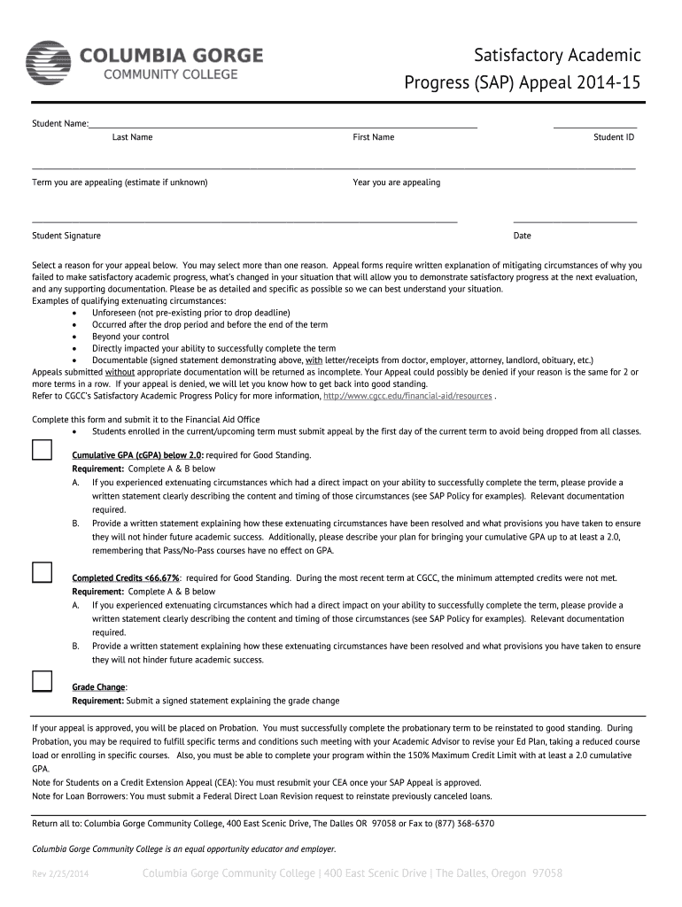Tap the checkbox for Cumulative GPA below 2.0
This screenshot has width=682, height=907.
(42, 450)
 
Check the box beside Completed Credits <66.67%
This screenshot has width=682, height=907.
(42, 572)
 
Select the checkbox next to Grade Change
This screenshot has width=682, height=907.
(42, 681)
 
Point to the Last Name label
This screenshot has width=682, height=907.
(132, 137)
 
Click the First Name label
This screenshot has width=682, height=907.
(373, 137)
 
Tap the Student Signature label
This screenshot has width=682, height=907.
(66, 236)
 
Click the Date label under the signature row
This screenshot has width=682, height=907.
(522, 236)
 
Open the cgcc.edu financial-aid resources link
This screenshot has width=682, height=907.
(407, 396)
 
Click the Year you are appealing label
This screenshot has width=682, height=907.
(396, 182)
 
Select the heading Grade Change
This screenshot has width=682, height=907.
(98, 687)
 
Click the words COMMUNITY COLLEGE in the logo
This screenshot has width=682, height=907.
(172, 74)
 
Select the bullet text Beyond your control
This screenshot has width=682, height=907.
(130, 337)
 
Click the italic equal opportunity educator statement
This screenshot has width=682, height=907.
(183, 849)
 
